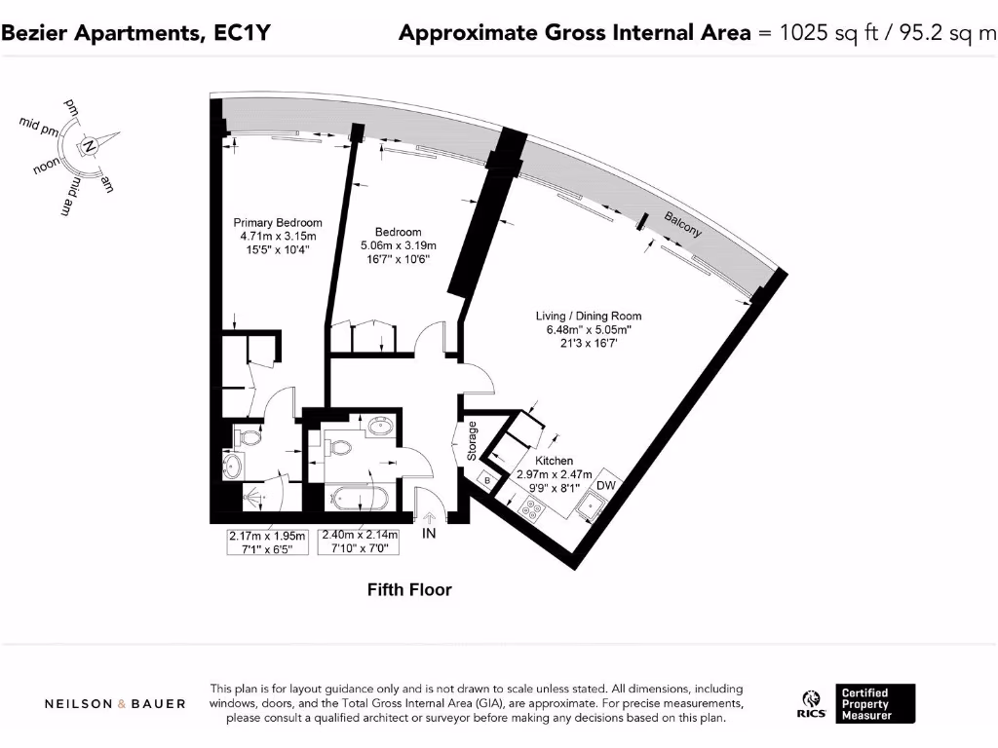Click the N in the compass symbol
pos(90,147)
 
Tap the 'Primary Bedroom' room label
pos(281,223)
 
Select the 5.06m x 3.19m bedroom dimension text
pos(399,245)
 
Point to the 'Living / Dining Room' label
pos(589,317)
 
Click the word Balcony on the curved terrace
pos(683,225)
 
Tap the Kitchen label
pos(554,460)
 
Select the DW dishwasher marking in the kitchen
pos(606,485)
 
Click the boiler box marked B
pos(487,480)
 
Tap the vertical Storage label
pos(473,440)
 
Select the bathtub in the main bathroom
pos(361,499)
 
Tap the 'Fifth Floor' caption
pos(409,589)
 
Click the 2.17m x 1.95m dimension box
pos(267,542)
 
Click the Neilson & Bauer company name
pos(115,703)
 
